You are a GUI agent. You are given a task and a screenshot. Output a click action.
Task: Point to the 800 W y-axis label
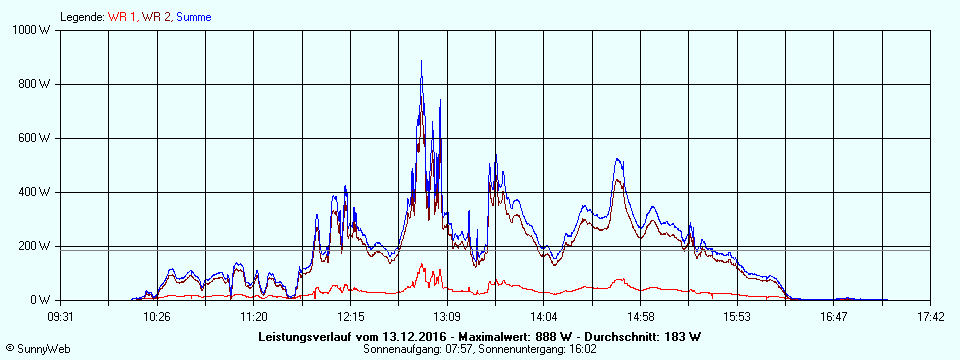pos(35,84)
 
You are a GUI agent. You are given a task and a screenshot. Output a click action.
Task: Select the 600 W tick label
pos(35,138)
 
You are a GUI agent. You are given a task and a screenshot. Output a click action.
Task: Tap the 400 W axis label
pos(35,192)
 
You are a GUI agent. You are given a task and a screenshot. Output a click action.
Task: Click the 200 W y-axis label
pos(35,246)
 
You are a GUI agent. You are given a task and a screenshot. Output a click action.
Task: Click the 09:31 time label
pos(60,317)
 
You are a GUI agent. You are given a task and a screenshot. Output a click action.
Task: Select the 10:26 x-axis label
pos(156,317)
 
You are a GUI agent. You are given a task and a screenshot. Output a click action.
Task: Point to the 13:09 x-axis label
pos(447,317)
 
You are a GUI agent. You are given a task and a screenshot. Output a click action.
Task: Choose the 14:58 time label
pos(640,317)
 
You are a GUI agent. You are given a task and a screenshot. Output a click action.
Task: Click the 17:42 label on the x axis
pos(930,317)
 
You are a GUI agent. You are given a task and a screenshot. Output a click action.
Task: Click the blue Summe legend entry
pos(194,17)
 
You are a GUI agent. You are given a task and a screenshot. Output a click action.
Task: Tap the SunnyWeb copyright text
pos(38,349)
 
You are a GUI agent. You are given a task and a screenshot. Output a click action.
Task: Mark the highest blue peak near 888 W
pos(421,62)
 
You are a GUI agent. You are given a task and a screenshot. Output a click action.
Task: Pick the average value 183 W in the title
pos(681,337)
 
